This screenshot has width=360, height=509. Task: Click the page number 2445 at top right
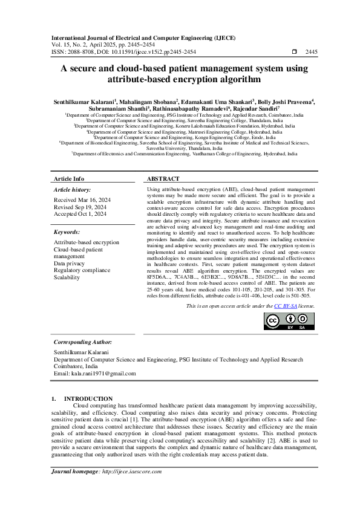click(x=311, y=52)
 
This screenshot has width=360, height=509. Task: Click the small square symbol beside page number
click(x=294, y=52)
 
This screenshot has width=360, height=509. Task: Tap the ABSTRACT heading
click(x=163, y=179)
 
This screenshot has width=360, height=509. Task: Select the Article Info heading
click(x=69, y=179)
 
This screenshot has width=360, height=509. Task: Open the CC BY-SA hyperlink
click(x=284, y=306)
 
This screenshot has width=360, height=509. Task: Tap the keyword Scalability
click(x=67, y=277)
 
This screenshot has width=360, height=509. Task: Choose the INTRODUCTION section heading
click(x=88, y=399)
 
